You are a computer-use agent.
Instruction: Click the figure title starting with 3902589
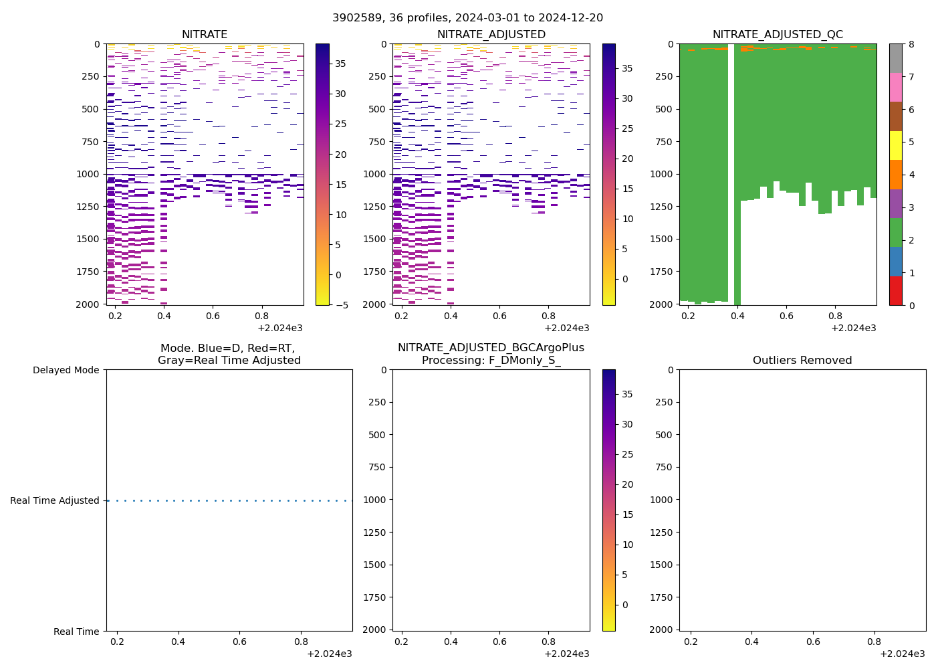(467, 18)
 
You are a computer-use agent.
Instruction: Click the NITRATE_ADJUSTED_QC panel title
(778, 35)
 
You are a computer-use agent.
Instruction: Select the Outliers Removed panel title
(802, 361)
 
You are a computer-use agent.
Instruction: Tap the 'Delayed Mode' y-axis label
(66, 370)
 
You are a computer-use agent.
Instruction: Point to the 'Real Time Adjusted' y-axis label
(55, 500)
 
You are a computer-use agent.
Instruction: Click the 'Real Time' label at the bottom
(76, 632)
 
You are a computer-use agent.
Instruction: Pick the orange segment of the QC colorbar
(895, 175)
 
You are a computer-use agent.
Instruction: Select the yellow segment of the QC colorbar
(895, 146)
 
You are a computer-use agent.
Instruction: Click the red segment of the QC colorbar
(895, 291)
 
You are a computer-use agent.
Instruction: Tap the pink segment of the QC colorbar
(895, 88)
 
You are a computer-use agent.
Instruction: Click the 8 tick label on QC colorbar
(911, 45)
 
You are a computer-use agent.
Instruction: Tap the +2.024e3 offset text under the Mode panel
(329, 654)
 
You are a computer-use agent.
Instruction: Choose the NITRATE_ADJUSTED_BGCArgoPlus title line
(491, 348)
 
